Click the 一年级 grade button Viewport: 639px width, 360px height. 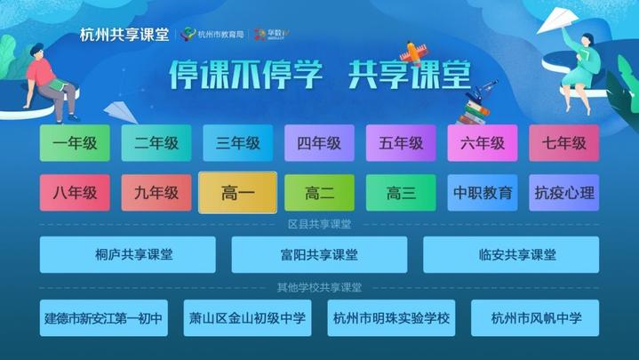(x=75, y=143)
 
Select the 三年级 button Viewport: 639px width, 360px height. (x=237, y=143)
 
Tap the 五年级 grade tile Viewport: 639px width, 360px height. (x=401, y=143)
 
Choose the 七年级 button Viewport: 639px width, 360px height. (x=563, y=143)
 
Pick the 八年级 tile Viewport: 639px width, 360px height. (x=75, y=192)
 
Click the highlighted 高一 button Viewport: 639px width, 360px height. (x=237, y=192)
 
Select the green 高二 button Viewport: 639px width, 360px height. (x=319, y=192)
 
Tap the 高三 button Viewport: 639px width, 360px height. (x=401, y=192)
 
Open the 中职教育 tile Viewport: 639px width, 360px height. (x=483, y=192)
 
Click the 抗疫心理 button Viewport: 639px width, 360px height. (x=563, y=192)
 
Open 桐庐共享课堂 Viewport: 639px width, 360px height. (x=128, y=254)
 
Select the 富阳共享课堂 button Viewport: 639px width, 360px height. (x=319, y=254)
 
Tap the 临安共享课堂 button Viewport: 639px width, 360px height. (x=511, y=254)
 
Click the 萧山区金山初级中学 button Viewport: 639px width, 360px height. (x=248, y=317)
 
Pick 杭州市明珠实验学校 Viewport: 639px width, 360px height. (x=391, y=317)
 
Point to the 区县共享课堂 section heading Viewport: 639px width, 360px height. (x=319, y=224)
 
